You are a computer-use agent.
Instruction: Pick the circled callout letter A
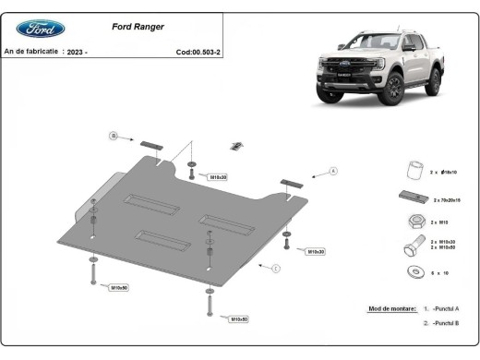point(333,170)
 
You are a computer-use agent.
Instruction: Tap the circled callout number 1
point(275,268)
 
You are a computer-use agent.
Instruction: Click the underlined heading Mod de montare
point(381,308)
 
